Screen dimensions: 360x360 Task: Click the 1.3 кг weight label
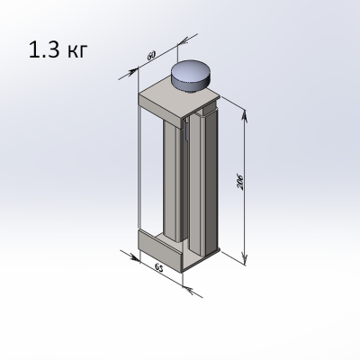[58, 49]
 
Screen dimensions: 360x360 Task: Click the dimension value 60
[151, 55]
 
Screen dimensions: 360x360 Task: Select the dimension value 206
[240, 182]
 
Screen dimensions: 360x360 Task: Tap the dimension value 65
[158, 268]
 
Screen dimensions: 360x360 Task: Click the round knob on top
[191, 76]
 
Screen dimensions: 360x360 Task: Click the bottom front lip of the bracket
[160, 251]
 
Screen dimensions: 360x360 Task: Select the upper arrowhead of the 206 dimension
[245, 116]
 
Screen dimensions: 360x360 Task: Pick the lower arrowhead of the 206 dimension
[246, 258]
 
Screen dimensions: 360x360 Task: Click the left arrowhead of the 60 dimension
[132, 72]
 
